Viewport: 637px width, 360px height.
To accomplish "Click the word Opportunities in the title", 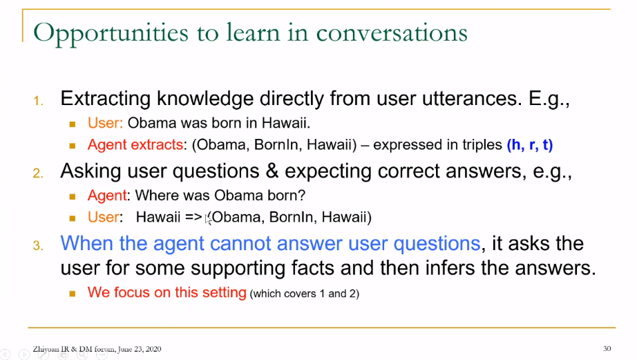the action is click(x=111, y=33).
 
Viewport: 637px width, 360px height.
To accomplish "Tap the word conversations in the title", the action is click(x=392, y=32).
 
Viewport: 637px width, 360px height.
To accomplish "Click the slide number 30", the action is click(x=607, y=349).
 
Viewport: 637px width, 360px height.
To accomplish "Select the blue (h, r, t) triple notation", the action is click(x=530, y=144).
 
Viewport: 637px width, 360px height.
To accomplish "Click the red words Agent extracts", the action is click(x=135, y=144).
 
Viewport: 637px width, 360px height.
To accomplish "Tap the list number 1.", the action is click(x=38, y=101).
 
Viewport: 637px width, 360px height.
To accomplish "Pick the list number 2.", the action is click(x=38, y=173).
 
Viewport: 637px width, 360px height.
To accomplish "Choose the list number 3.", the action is click(x=38, y=246).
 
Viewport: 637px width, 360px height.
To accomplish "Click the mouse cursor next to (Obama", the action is click(x=208, y=219).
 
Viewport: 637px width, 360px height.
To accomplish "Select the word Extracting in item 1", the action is click(x=106, y=99).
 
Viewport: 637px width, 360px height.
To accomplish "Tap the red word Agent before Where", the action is click(x=107, y=196).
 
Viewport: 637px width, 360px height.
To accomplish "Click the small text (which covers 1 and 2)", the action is click(x=305, y=294).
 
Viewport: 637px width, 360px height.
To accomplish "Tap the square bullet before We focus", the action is click(x=73, y=294).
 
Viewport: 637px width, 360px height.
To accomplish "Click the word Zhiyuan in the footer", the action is click(x=46, y=349).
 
